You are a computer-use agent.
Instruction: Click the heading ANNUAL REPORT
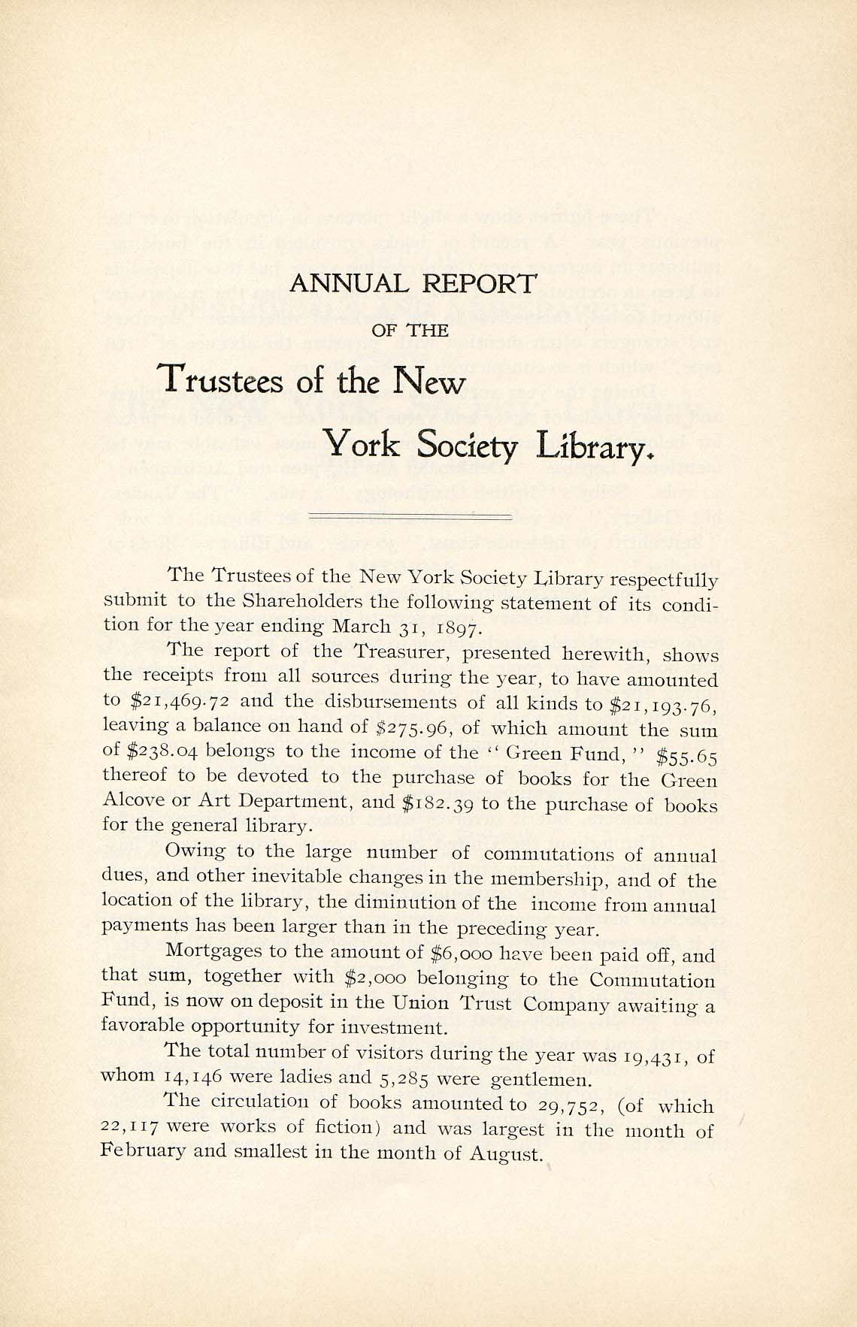(x=413, y=284)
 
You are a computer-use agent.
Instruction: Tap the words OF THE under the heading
(x=411, y=330)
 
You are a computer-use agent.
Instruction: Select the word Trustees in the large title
(x=223, y=380)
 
